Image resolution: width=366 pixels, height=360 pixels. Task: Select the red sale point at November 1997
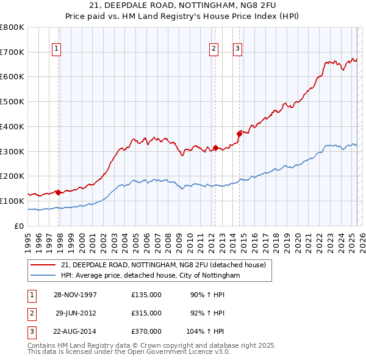point(59,192)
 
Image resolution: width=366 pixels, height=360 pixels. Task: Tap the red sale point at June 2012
point(215,148)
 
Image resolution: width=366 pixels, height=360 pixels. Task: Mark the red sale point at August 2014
point(239,134)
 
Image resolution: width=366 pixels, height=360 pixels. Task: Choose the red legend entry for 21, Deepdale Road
point(163,265)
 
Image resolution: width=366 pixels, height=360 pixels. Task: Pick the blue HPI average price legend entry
point(150,276)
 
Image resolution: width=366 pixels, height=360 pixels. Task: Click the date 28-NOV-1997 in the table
point(76,295)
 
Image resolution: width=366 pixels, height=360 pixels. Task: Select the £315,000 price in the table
point(146,313)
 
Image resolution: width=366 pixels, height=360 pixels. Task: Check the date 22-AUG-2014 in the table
point(76,331)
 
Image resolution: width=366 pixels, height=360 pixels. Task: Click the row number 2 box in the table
point(31,313)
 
